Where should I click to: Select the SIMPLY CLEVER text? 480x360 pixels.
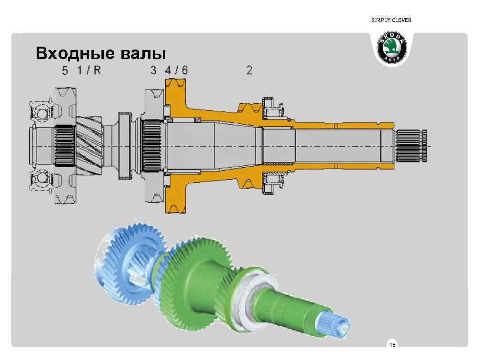[x=391, y=20]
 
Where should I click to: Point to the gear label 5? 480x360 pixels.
[x=65, y=71]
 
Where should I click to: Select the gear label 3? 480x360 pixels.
[x=153, y=70]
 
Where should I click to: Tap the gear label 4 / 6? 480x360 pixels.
[x=176, y=70]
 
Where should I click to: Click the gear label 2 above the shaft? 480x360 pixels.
[x=249, y=70]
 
